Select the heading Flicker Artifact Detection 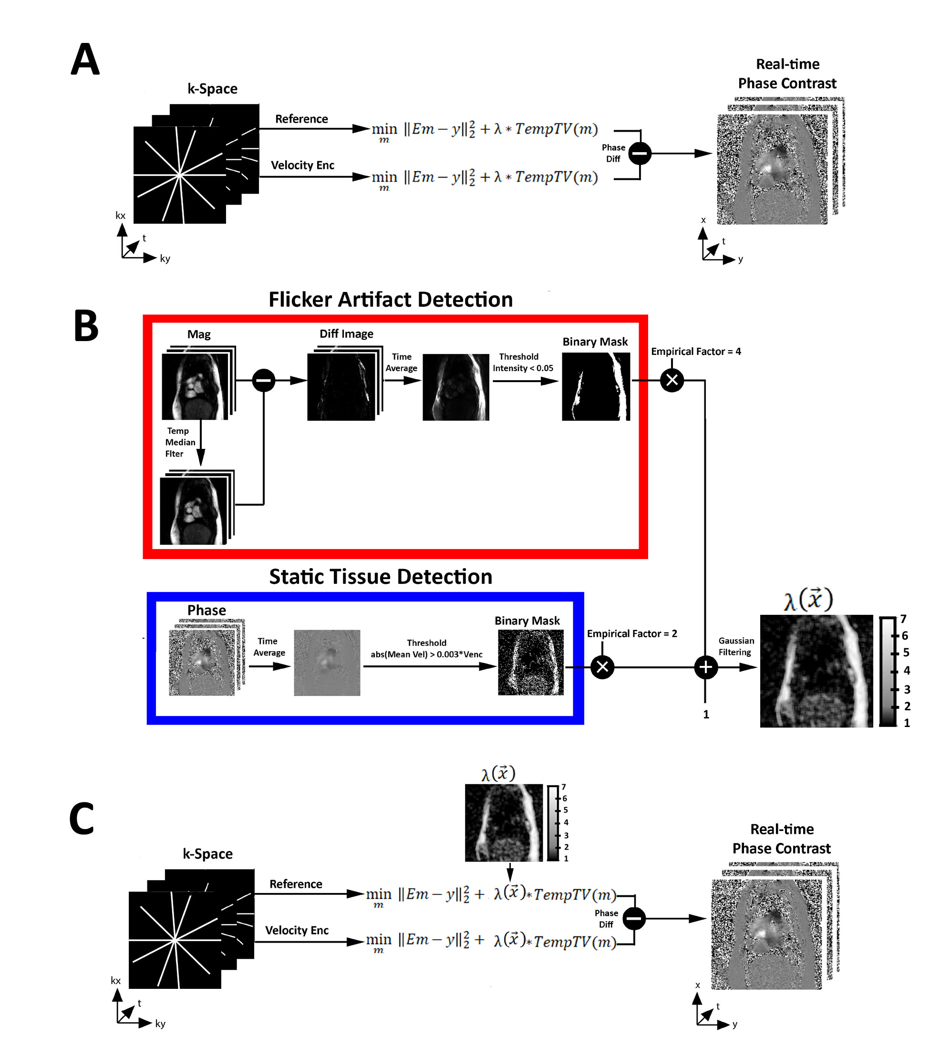390,300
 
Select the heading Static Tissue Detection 380,577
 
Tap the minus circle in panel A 640,153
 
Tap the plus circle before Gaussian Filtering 705,667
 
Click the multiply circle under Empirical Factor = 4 672,380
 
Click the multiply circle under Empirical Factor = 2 602,667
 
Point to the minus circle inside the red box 263,380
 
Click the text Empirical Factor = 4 695,351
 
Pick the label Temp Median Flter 179,442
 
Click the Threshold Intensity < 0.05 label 522,362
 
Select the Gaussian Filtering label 736,646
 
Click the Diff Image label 346,333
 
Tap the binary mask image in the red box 595,386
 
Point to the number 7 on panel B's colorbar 903,619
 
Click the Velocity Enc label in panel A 302,165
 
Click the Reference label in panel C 295,884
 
